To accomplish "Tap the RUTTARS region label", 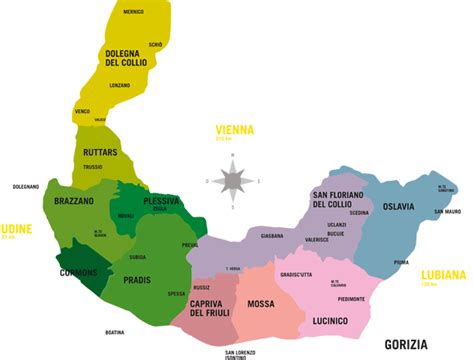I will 101,153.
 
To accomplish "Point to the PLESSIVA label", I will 161,200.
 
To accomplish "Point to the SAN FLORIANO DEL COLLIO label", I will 338,199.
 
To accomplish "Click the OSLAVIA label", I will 409,208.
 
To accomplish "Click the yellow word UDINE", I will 18,228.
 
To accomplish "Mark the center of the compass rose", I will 233,181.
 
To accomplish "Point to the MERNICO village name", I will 133,11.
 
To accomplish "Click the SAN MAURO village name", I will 446,213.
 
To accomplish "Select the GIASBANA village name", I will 272,236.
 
